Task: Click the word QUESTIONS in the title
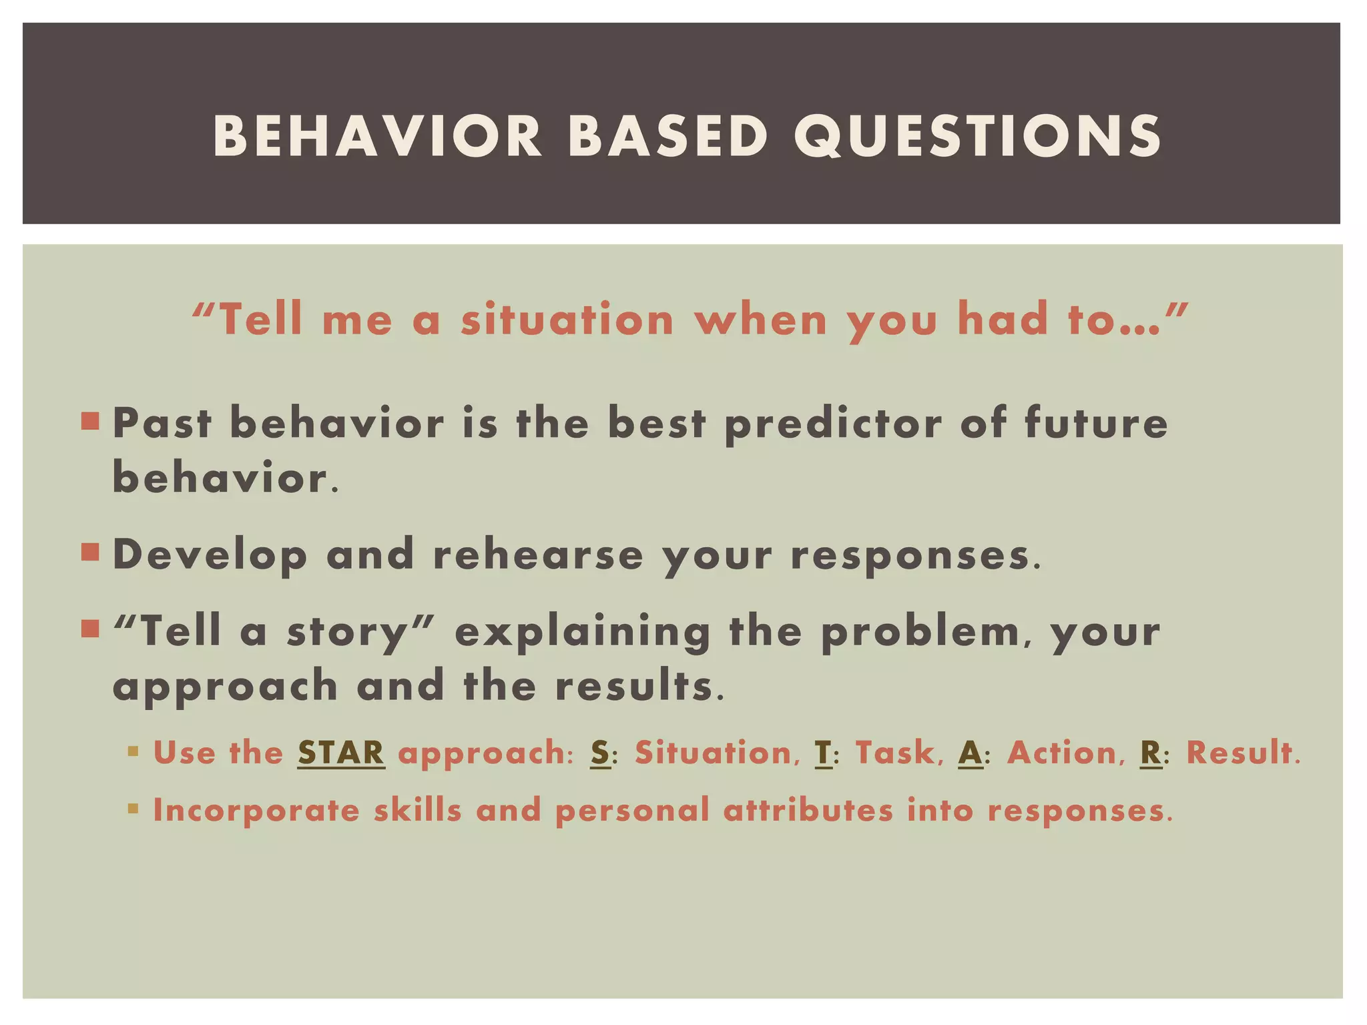point(977,136)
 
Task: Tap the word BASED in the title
point(667,136)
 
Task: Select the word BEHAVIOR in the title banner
point(378,136)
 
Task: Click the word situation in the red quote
point(567,319)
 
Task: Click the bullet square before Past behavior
point(90,421)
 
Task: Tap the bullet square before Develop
point(90,553)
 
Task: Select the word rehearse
point(538,555)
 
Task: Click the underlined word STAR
point(341,753)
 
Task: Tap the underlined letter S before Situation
point(600,753)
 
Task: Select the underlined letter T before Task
point(823,753)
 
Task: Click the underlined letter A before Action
point(970,753)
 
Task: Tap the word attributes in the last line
point(808,811)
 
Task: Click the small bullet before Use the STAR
point(133,752)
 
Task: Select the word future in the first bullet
point(1096,423)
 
